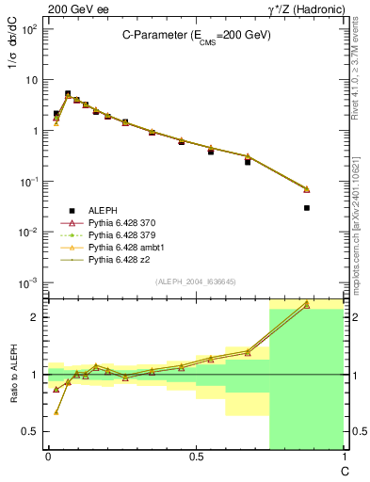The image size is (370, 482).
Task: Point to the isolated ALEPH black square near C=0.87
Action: click(307, 208)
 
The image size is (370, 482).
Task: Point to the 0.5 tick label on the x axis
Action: click(196, 457)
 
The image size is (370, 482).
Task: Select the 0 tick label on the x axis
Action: click(48, 457)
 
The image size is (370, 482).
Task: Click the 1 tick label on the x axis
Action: click(343, 457)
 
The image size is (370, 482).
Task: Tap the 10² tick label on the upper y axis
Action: click(30, 29)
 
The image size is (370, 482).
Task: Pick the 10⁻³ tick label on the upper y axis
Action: click(30, 282)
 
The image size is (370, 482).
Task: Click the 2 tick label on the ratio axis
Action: click(36, 317)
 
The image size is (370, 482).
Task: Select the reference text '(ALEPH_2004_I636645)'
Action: click(195, 281)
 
